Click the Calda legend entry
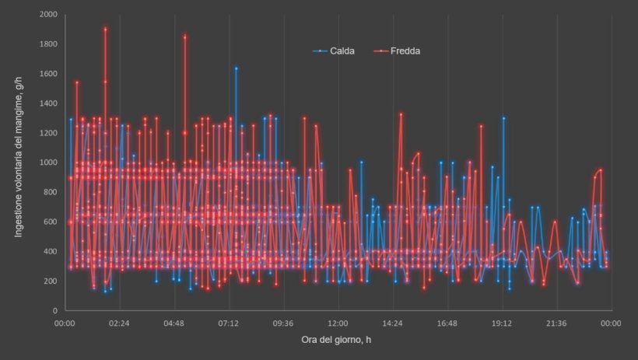tap(339, 51)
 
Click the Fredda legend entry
tap(405, 51)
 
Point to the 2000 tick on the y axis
tap(47, 15)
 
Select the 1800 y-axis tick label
tap(47, 44)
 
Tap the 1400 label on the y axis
tap(47, 103)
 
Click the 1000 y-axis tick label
tap(47, 163)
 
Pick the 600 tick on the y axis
tap(50, 222)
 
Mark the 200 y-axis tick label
tap(50, 281)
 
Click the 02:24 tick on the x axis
tap(119, 323)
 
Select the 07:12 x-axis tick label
tap(228, 323)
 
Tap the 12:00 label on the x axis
tap(338, 323)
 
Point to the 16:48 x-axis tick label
tap(447, 323)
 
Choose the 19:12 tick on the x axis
tap(501, 323)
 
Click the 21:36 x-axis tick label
tap(556, 323)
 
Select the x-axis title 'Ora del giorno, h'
tap(337, 341)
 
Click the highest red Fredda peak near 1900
tap(105, 29)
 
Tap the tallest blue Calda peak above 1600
tap(236, 68)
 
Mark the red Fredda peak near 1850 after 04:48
tap(184, 37)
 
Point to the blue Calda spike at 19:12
tap(503, 118)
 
